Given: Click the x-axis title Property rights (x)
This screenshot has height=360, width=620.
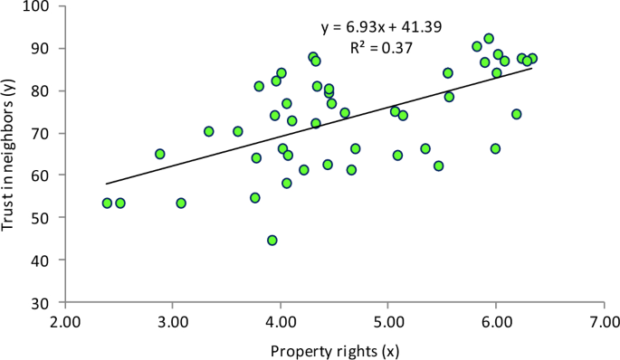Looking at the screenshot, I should (334, 348).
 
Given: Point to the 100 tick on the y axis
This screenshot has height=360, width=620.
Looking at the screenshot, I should (42, 6).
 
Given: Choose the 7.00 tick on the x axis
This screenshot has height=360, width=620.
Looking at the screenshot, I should (603, 321).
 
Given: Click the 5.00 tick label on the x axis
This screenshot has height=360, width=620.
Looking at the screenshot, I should (388, 321).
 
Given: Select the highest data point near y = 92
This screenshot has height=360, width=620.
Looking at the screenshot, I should (489, 39).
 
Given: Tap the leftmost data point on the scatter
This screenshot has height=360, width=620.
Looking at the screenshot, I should (107, 204).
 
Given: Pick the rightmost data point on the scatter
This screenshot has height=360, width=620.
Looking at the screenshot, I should (532, 59).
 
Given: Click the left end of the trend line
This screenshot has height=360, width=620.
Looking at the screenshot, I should (107, 184).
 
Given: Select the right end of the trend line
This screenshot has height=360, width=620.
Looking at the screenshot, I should (532, 68).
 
